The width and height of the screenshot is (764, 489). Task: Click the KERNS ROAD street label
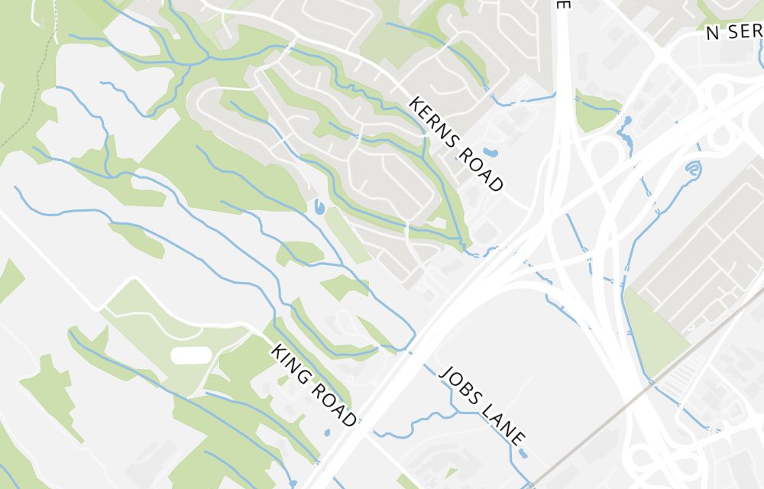tap(457, 144)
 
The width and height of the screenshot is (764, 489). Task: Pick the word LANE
tap(503, 424)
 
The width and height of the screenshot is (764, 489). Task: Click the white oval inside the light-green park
tap(190, 355)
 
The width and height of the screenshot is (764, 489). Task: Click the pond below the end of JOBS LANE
tap(523, 453)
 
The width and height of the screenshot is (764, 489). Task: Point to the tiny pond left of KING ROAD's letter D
tap(327, 432)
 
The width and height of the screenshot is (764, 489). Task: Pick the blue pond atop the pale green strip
tap(318, 206)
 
